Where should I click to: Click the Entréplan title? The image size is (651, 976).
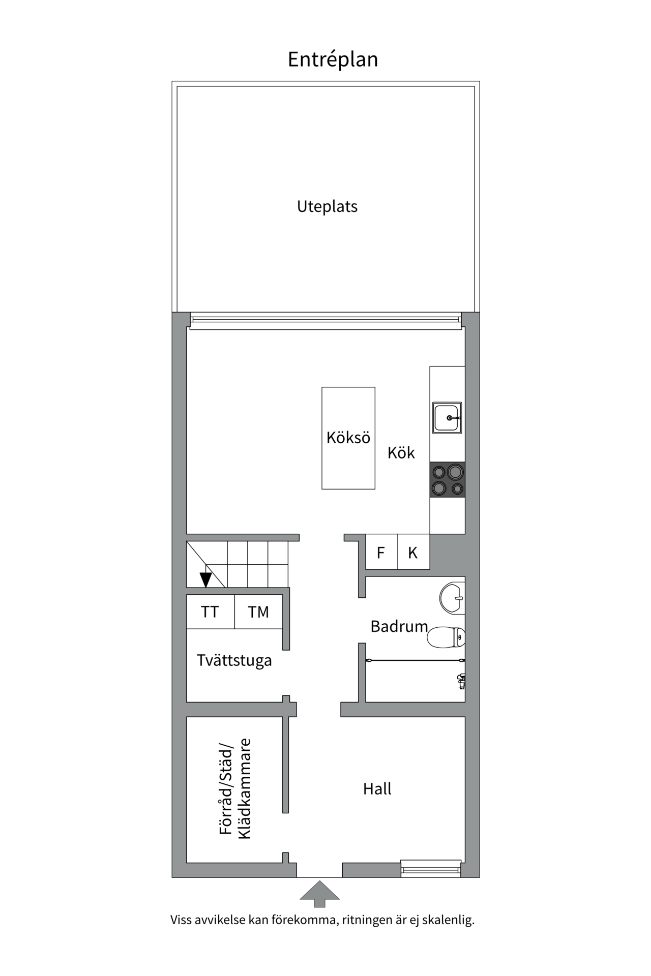333,59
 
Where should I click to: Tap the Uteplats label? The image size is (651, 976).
327,206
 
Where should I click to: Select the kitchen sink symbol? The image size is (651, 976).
447,418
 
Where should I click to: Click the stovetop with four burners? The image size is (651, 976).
448,480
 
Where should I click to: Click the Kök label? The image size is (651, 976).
401,453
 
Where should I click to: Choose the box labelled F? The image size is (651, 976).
381,553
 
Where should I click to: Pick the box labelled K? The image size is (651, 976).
413,553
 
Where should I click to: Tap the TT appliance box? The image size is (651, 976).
210,612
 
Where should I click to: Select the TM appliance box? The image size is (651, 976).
258,612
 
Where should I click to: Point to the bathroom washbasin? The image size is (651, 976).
452,598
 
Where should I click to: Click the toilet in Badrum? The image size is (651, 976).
446,637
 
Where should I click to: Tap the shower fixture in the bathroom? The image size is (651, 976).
461,681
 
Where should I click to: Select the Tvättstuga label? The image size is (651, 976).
234,661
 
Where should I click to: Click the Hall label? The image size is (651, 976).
377,789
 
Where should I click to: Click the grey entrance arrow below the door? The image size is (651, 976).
319,894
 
